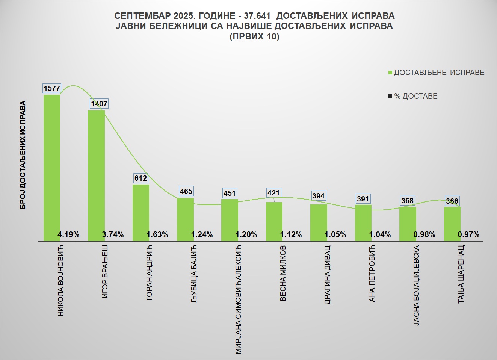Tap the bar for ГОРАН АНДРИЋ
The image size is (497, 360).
[141, 210]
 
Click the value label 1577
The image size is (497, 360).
[52, 88]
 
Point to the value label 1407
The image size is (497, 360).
[99, 104]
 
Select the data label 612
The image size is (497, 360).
[141, 178]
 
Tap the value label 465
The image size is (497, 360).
[186, 191]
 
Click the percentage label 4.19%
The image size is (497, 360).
[68, 235]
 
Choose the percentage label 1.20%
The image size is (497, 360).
[246, 235]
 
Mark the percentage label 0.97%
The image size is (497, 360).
[468, 235]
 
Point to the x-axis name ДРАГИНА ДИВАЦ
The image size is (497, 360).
[328, 275]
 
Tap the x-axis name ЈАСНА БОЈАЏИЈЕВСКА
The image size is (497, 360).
[416, 285]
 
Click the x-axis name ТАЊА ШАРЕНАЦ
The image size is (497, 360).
[461, 274]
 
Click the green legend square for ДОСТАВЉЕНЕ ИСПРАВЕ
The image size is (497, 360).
[390, 73]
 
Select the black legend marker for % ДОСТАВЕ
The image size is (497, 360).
[390, 97]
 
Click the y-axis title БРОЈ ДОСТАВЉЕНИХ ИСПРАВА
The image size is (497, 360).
[23, 155]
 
